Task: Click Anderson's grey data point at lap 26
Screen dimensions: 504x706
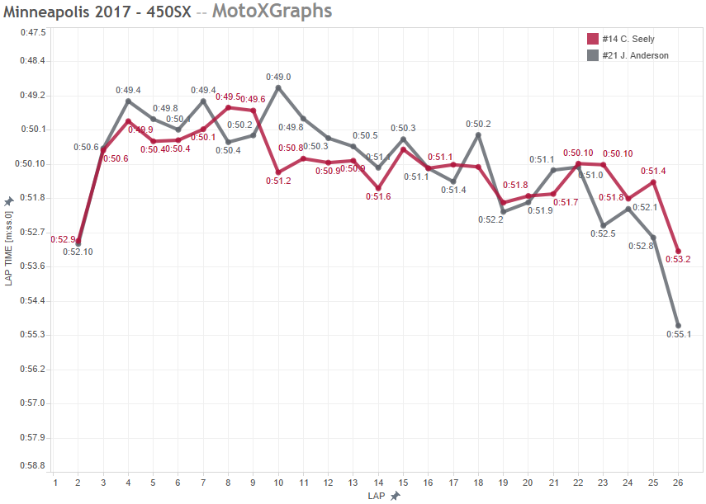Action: click(678, 326)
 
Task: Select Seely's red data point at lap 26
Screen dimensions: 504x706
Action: click(678, 251)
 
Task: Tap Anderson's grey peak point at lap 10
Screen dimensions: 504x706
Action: click(278, 87)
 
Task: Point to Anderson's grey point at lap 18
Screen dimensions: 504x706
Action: click(478, 134)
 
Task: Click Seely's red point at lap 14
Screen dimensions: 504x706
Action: click(378, 188)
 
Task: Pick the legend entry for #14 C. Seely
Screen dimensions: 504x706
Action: click(625, 39)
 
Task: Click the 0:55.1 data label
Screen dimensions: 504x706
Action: click(678, 334)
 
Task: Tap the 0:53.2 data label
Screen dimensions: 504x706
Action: click(678, 259)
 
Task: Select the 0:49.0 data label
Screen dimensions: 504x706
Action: click(277, 77)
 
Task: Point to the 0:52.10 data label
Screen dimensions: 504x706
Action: click(78, 252)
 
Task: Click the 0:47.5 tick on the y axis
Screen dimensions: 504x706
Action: click(33, 32)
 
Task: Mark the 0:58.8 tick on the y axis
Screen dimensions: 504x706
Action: click(33, 465)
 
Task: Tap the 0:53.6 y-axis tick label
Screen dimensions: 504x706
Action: click(33, 266)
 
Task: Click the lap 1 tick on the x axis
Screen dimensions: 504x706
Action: click(54, 483)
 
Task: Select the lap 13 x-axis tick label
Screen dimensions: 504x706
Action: click(353, 483)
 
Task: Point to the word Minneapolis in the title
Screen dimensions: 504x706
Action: click(46, 12)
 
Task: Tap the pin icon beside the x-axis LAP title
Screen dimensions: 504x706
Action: click(396, 496)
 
